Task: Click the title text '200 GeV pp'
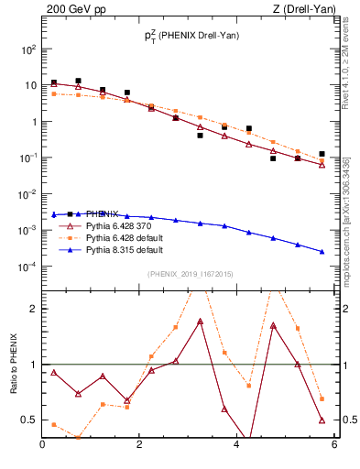[72, 9]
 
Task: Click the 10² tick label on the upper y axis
[27, 49]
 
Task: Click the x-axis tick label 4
[237, 446]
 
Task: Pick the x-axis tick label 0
[43, 446]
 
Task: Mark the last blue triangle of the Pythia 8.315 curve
[322, 252]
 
